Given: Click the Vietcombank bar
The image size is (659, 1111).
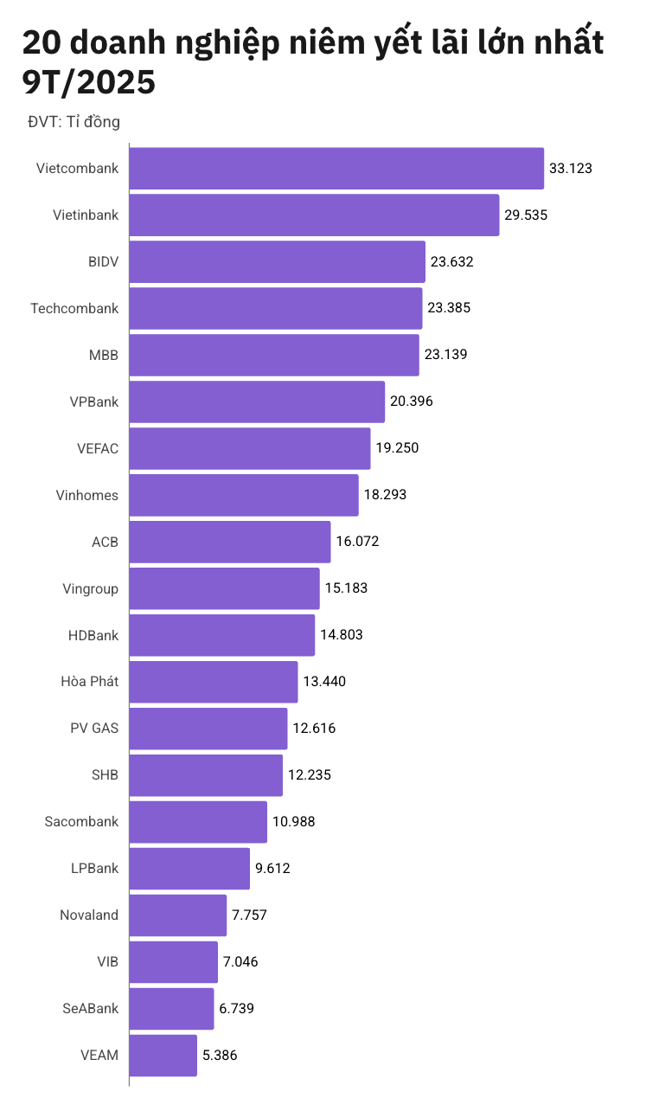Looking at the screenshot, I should pos(336,168).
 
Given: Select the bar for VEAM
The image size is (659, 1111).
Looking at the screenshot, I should pos(163,1055).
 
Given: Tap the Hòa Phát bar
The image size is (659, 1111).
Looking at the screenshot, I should pos(214,682).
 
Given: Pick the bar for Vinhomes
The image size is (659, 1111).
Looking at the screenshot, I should pos(244,495).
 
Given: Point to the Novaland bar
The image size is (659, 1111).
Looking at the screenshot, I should pos(178,915).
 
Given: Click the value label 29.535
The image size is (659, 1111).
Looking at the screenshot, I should pos(526,215).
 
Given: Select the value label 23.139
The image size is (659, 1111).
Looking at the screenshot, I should pos(445,355).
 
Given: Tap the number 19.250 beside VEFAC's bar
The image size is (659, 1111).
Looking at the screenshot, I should pos(397,448).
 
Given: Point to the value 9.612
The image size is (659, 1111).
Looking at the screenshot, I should pos(272,868).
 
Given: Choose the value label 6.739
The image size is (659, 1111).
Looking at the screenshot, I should pos(236,1008).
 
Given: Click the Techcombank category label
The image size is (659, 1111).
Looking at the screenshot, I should pos(74,308).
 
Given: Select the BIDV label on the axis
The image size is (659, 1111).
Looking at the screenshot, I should pos(103,261).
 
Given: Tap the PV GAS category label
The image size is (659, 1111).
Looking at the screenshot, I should pos(94,728).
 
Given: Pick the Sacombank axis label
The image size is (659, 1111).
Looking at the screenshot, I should pos(81,821).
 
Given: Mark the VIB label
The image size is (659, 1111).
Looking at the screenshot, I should pos(108,961).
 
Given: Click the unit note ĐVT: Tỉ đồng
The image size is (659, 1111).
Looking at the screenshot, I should pos(74,122).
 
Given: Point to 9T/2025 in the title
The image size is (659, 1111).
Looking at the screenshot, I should pos(89,82).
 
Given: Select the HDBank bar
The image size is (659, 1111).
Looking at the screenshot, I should pos(222,635).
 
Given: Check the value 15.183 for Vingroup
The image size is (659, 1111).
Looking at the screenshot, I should pos(346,588).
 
